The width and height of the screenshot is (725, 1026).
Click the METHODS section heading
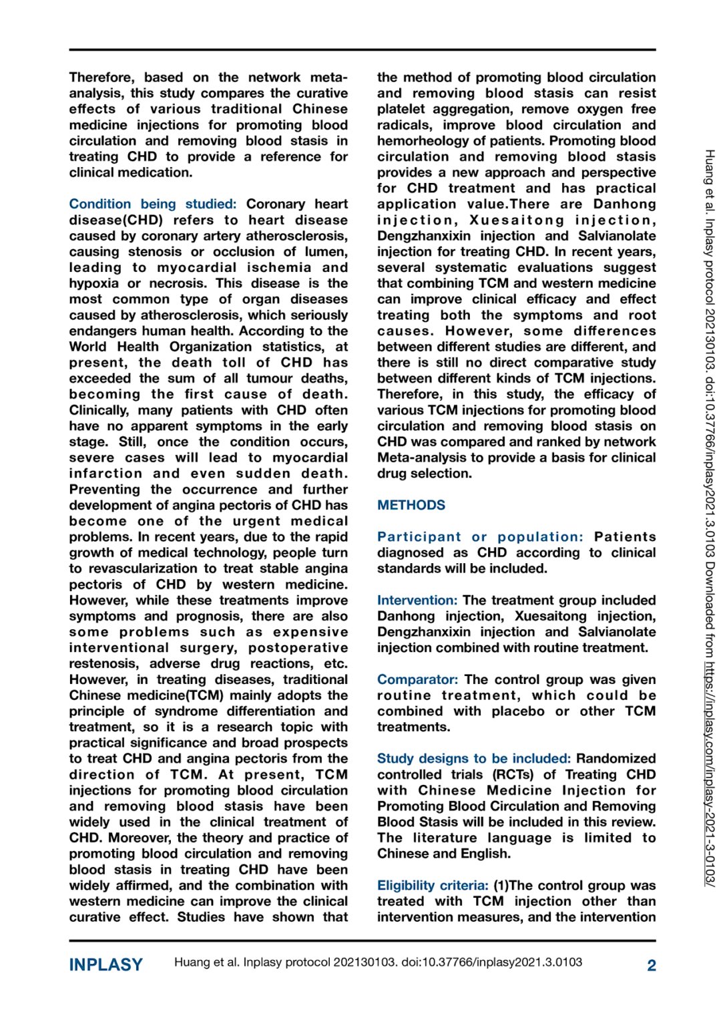click(x=411, y=506)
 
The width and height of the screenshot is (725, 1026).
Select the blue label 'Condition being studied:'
click(x=152, y=204)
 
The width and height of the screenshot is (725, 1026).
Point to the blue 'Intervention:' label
click(x=417, y=601)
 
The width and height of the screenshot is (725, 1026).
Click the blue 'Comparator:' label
click(x=417, y=680)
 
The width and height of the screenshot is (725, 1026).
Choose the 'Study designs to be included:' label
click(x=473, y=759)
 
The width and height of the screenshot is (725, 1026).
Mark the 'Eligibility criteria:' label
click(x=433, y=886)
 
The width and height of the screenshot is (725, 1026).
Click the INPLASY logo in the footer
click(x=106, y=965)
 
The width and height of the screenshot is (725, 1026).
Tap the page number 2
click(x=652, y=965)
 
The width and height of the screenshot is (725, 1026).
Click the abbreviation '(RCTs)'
click(x=513, y=775)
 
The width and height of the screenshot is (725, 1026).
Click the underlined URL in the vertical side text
click(x=710, y=774)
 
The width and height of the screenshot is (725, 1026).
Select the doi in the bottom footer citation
click(x=491, y=963)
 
